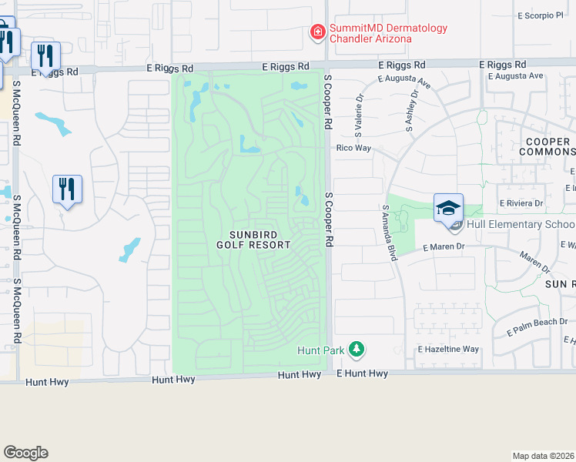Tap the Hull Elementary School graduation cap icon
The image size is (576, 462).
[x=449, y=209]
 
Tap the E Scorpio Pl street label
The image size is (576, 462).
[x=541, y=15]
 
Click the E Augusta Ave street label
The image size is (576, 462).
[x=515, y=75]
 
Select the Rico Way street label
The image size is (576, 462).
[x=353, y=148]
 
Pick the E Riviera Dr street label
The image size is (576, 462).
[x=522, y=203]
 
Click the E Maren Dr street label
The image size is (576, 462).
[x=445, y=247]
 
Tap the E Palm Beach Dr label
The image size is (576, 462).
[x=537, y=326]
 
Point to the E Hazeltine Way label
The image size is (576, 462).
[x=448, y=349]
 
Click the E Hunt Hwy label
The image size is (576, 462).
[x=363, y=373]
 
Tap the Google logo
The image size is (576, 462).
[x=25, y=453]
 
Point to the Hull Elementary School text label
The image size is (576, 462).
[x=511, y=225]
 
